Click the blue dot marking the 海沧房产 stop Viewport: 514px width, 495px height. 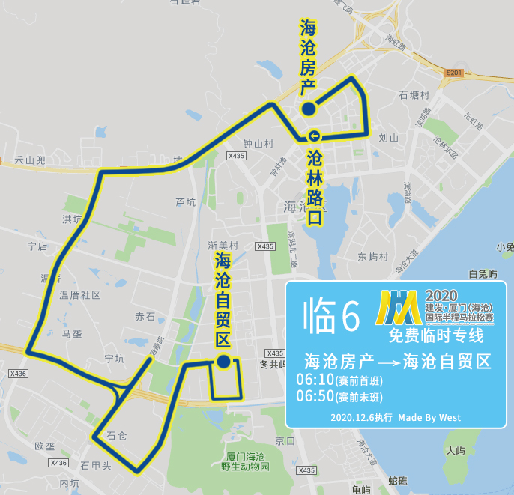point(309,110)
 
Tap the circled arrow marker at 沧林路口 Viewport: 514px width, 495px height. point(313,136)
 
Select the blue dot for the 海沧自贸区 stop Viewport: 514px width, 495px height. point(223,362)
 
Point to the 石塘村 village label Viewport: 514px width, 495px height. point(414,95)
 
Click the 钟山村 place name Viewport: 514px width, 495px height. point(258,143)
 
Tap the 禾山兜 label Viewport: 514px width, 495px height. point(30,160)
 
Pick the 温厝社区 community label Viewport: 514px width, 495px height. point(80,295)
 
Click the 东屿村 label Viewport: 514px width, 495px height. point(373,257)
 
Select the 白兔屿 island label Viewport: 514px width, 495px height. point(483,274)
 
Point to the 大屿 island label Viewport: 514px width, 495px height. point(455,451)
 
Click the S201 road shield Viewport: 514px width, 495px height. point(453,73)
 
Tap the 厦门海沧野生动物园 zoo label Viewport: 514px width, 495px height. point(245,461)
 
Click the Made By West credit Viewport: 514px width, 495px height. point(429,417)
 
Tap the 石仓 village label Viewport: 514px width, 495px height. point(117,435)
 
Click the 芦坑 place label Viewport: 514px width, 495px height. point(185,202)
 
